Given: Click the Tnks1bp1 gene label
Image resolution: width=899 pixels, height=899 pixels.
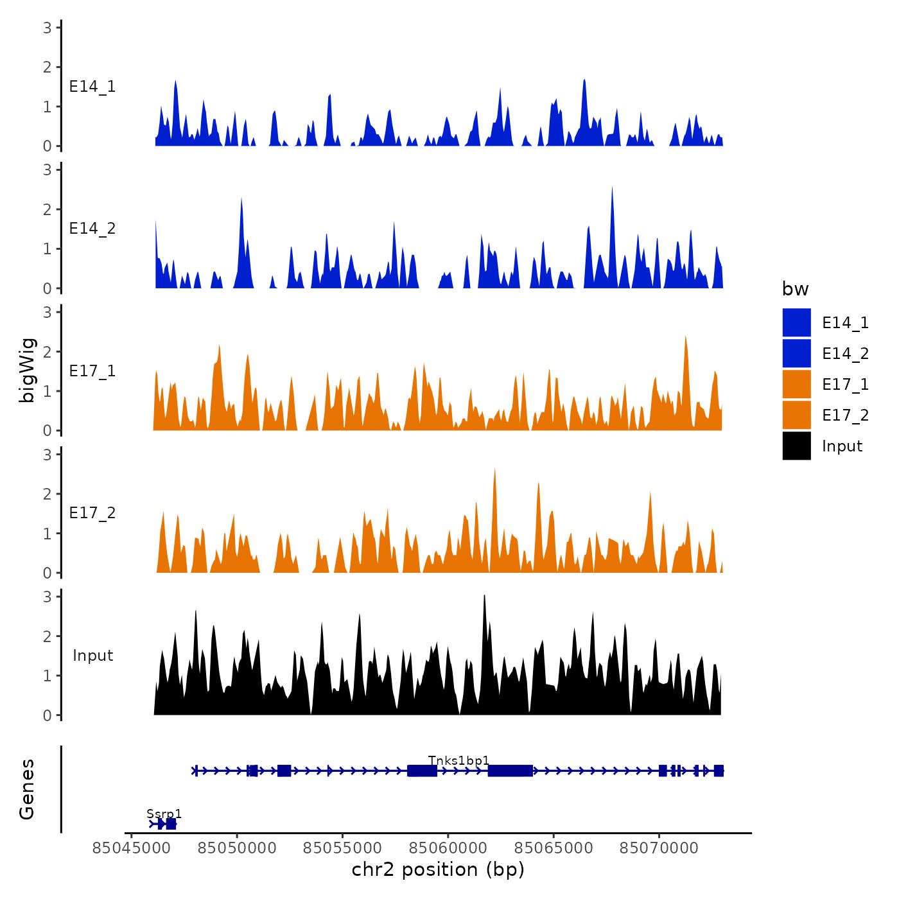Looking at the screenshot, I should (x=458, y=761).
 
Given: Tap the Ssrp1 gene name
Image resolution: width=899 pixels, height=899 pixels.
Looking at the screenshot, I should (x=164, y=814).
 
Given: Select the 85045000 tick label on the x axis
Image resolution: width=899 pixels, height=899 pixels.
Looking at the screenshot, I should (x=132, y=848).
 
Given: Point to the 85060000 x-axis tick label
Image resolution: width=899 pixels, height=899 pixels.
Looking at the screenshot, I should (x=448, y=848).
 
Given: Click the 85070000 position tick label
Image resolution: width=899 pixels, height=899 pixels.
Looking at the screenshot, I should (x=658, y=848).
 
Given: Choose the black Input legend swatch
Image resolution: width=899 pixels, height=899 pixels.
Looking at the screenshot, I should (x=796, y=446).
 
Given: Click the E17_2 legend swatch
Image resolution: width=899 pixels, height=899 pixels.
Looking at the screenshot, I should (x=796, y=415).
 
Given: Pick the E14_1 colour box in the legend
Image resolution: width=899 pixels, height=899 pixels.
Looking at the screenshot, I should (x=796, y=322).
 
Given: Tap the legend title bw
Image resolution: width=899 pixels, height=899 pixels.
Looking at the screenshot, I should (x=795, y=290).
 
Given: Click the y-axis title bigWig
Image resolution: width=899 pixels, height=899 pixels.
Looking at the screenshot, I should (x=27, y=371).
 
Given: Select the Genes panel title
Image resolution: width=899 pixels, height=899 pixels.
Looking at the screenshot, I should (x=27, y=789).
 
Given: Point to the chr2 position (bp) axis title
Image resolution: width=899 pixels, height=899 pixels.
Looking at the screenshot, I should (x=438, y=869).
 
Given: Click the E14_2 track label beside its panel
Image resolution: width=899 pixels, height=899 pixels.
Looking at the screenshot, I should (x=92, y=229).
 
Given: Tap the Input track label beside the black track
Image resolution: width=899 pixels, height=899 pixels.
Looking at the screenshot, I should (x=92, y=656).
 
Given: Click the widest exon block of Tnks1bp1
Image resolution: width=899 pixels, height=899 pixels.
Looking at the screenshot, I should (x=510, y=771).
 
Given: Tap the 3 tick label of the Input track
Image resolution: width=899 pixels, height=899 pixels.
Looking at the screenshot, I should (x=47, y=597).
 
